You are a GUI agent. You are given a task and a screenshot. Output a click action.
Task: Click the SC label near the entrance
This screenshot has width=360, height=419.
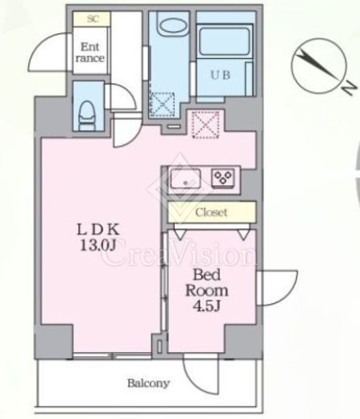pos(93,19)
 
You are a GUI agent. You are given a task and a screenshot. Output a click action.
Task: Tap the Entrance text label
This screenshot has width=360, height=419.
pos(90,52)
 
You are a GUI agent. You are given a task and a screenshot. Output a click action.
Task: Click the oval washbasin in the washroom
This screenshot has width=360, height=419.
pos(172,27)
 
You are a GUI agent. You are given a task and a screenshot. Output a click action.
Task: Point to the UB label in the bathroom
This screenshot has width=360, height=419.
pos(221,75)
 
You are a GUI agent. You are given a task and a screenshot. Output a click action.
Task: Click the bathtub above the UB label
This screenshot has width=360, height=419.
pos(225,40)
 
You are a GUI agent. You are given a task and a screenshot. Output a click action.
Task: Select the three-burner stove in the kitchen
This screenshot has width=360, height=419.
pos(222,177)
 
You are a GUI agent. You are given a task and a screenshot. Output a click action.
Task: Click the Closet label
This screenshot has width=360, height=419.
pos(212,213)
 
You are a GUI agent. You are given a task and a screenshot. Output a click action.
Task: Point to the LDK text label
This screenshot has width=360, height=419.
pos(97,230)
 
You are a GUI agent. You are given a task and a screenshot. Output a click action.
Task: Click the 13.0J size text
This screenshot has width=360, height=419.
pos(98,245)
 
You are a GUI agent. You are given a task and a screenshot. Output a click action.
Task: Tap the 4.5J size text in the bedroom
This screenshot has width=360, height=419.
pos(207,306)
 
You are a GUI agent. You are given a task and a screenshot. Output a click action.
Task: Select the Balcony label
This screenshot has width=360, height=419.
pos(148,384)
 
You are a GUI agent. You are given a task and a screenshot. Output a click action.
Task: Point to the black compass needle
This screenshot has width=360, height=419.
pos(317,64)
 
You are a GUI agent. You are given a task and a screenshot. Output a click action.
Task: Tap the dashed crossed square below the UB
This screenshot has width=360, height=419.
pos(205,125)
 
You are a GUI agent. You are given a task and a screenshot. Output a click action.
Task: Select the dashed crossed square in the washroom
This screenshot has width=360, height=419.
pos(162,105)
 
